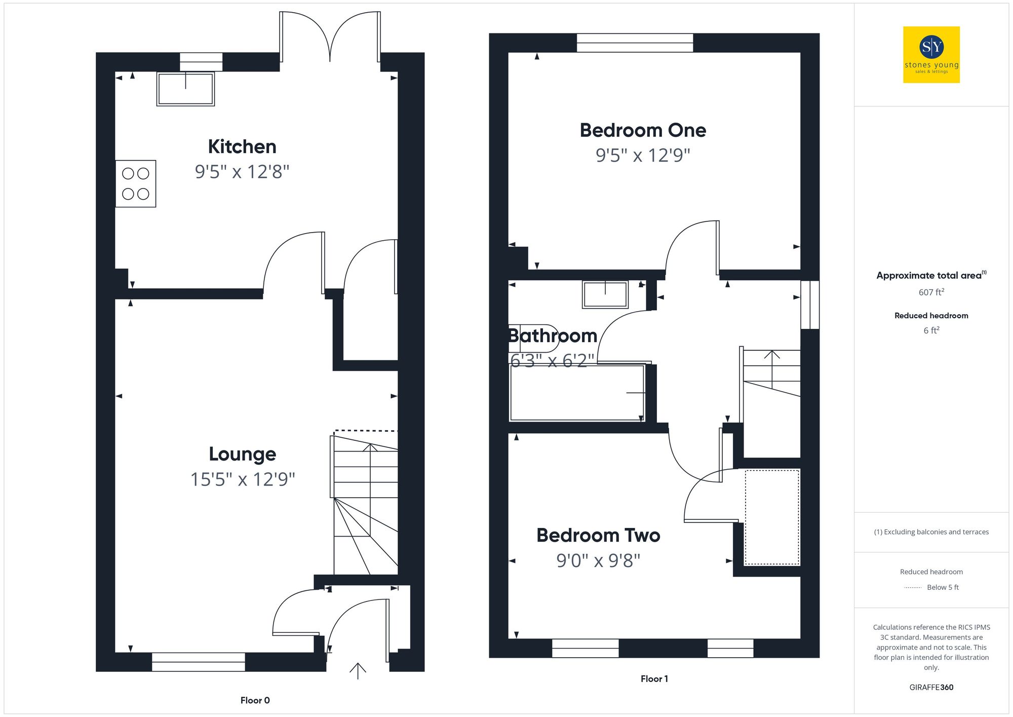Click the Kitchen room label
pos(242,147)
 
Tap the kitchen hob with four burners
pos(135,183)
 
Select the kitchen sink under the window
pos(185,89)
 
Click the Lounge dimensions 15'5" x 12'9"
pos(243,479)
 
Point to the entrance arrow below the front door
pos(358,671)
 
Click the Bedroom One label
pos(642,130)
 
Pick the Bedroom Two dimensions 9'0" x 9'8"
pos(598,561)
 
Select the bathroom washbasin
pos(605,294)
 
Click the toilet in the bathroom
pos(532,338)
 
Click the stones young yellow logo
pos(931,55)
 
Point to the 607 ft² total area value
pos(931,292)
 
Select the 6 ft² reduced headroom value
pos(931,330)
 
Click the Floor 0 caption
pos(255,700)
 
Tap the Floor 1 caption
pos(654,679)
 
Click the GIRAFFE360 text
pos(931,688)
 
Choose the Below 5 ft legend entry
pos(942,587)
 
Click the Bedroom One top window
pos(635,43)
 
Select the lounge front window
pos(198,662)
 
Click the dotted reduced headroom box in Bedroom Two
pos(772,517)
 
